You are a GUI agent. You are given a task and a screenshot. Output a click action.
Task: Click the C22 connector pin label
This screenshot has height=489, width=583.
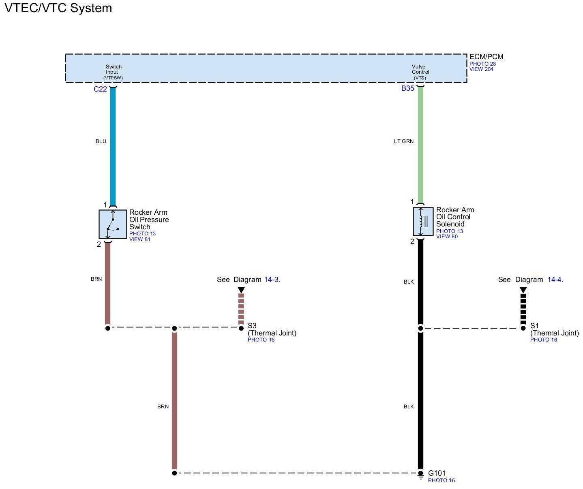tap(100, 89)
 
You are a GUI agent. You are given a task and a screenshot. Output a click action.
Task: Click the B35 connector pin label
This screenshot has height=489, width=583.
tap(407, 88)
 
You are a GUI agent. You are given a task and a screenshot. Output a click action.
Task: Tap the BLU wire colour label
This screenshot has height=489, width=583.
tap(101, 141)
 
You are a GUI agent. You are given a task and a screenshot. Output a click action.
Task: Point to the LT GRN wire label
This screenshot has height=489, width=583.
tap(403, 141)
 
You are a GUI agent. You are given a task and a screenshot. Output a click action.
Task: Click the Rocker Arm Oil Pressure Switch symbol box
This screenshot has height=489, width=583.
tap(113, 224)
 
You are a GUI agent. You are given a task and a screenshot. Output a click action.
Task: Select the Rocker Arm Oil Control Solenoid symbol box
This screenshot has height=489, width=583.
tap(423, 221)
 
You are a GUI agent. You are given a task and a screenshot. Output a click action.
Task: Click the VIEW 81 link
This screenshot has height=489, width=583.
tap(139, 239)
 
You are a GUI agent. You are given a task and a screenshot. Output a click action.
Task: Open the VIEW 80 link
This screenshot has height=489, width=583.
tap(447, 237)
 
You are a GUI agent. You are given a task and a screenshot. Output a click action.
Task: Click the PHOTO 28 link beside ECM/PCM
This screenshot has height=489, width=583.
tap(482, 64)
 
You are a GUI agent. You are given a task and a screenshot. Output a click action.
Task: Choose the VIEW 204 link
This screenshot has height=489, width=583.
tap(481, 69)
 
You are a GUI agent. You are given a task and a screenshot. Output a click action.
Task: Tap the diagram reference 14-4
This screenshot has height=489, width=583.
tap(555, 280)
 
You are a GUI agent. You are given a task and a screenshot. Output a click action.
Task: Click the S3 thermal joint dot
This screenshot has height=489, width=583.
tap(241, 328)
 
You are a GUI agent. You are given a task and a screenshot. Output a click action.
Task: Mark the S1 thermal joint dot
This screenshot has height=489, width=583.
tap(523, 328)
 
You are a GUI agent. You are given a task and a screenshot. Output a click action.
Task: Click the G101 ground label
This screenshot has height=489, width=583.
tap(437, 473)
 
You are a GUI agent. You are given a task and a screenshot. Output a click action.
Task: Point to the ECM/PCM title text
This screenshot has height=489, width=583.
tap(486, 57)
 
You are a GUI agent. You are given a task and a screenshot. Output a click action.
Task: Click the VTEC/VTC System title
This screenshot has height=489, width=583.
tap(58, 8)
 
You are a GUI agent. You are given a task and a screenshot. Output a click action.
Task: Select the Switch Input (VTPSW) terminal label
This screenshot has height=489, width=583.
tap(113, 72)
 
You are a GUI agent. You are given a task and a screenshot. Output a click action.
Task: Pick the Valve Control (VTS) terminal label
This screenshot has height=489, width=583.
tap(420, 72)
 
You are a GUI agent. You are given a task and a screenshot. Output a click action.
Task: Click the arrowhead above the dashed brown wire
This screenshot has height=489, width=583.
tap(241, 290)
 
